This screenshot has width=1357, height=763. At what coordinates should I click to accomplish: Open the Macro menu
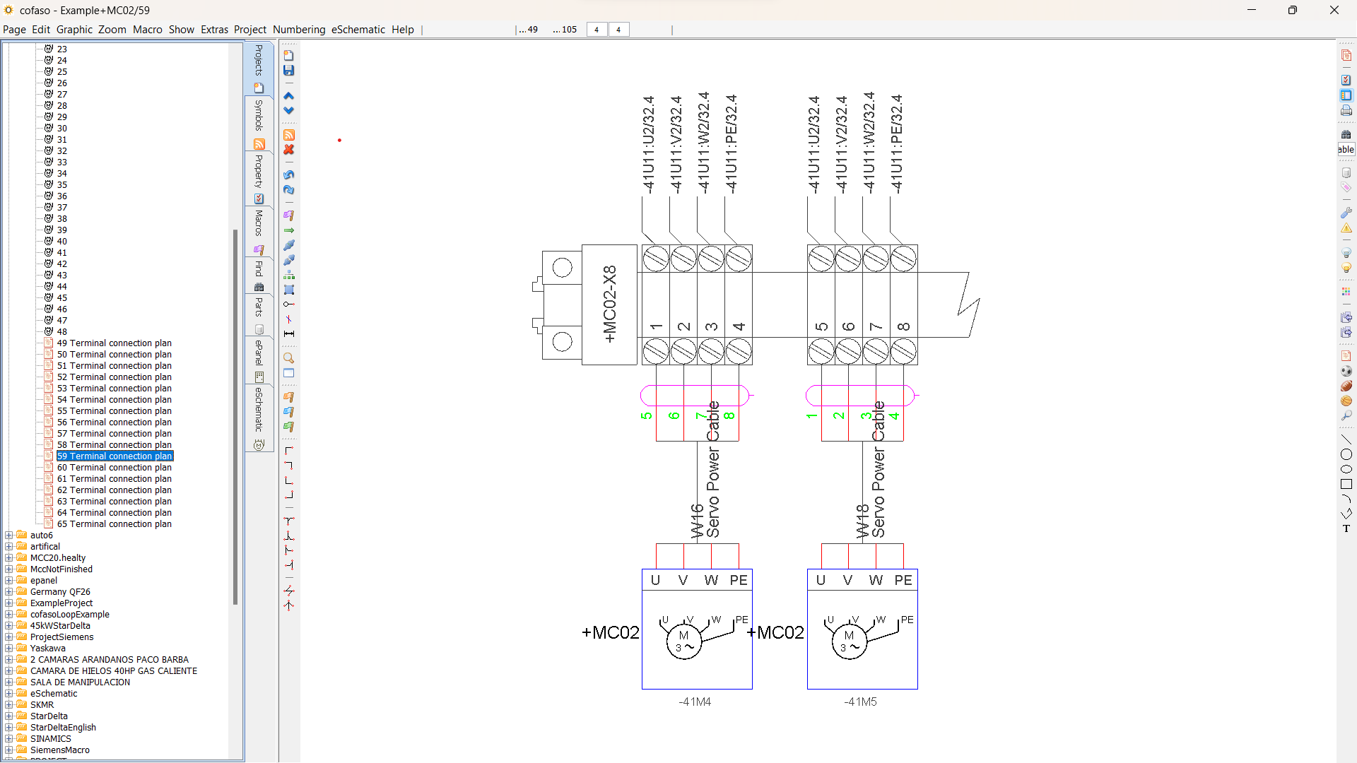(147, 30)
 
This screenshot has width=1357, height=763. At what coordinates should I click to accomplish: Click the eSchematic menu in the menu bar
(358, 30)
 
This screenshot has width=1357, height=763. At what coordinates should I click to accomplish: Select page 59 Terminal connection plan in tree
(114, 456)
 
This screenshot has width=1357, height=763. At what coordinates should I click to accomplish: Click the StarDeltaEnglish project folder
(63, 728)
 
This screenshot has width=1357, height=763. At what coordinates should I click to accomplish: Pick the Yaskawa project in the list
(47, 649)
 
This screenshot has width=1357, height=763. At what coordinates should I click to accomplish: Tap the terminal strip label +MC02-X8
(609, 304)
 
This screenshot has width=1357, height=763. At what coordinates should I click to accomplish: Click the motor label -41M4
(695, 702)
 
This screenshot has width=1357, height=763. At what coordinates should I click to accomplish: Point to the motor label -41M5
(860, 702)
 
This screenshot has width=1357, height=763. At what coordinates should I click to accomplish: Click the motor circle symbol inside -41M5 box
(849, 641)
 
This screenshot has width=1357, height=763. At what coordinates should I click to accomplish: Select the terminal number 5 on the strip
(821, 327)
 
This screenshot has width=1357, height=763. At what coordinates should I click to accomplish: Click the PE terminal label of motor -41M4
(739, 581)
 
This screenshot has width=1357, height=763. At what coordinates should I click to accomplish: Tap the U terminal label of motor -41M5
(821, 581)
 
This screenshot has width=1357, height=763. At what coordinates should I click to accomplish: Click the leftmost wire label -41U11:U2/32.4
(649, 145)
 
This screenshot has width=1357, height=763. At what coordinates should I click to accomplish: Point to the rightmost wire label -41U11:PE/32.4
(896, 145)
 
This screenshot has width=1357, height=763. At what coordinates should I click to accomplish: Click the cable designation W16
(697, 521)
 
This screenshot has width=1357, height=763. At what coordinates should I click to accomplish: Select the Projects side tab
(259, 60)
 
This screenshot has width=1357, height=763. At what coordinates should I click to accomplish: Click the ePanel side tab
(259, 353)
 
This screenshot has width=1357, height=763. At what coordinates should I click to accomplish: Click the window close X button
(1334, 10)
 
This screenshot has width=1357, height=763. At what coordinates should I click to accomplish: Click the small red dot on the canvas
(339, 141)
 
